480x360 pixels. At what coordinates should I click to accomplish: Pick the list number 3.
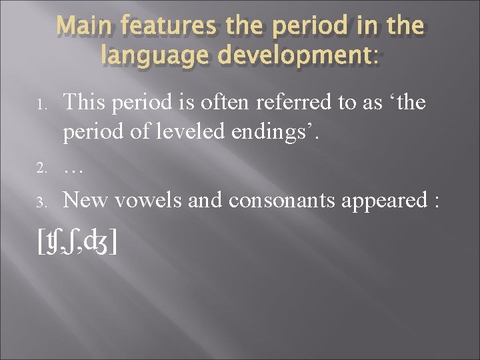tap(41, 202)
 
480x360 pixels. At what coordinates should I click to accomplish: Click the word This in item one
tap(86, 103)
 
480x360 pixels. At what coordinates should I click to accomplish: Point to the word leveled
tap(198, 133)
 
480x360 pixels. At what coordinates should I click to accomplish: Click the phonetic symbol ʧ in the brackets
tap(59, 244)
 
